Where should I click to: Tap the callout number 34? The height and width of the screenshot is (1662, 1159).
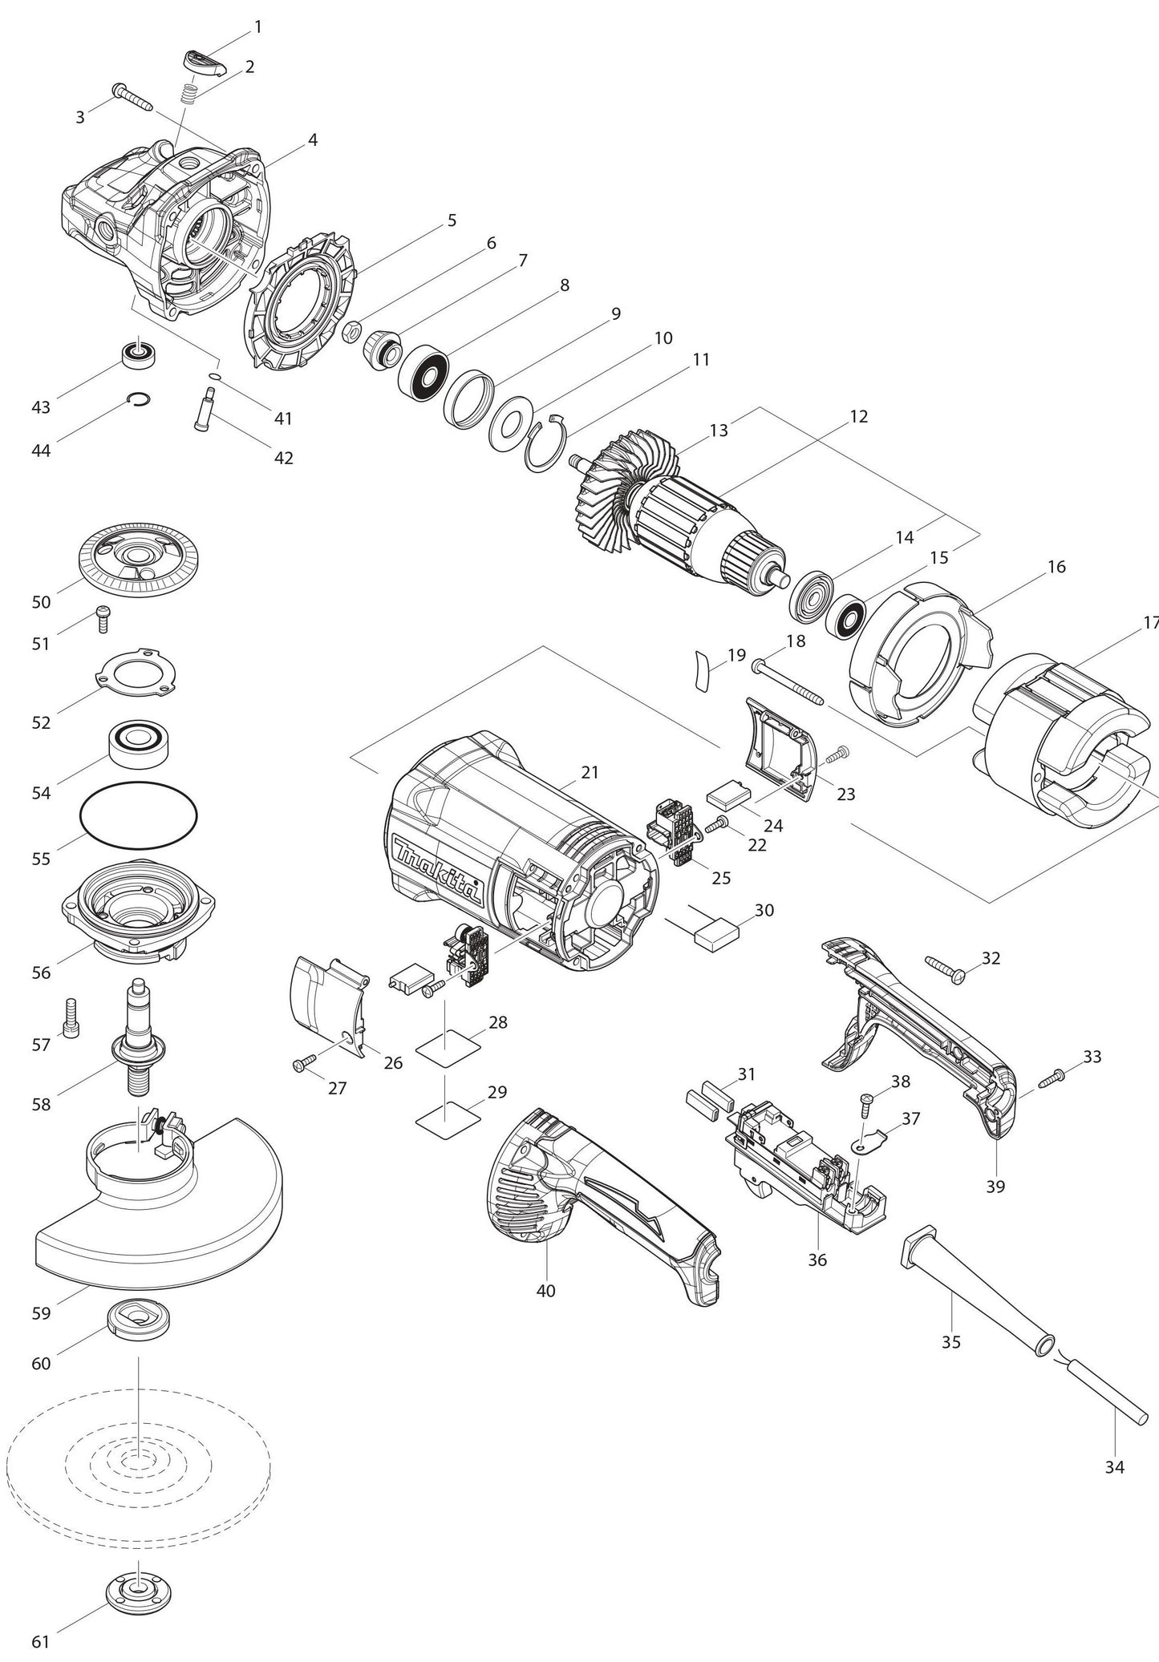pyautogui.click(x=1114, y=1466)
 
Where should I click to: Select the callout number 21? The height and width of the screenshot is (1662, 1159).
pyautogui.click(x=590, y=772)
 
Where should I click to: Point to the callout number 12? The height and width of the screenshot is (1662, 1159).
pyautogui.click(x=858, y=417)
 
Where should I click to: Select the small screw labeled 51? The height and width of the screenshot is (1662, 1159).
pyautogui.click(x=103, y=618)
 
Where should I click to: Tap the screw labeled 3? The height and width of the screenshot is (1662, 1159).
pyautogui.click(x=132, y=96)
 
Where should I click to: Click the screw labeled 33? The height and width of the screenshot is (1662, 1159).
pyautogui.click(x=1057, y=1078)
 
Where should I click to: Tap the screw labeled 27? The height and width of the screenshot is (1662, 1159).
pyautogui.click(x=305, y=1064)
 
